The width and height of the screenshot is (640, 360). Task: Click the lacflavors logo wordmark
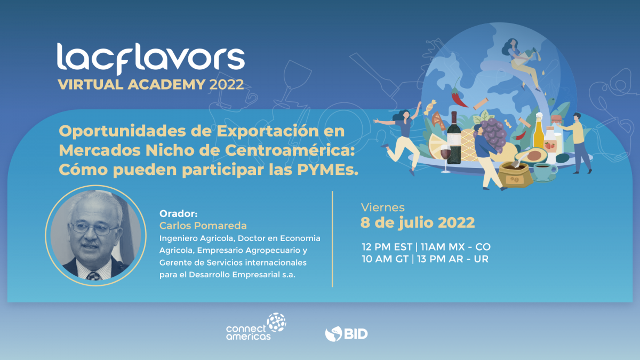point(151,59)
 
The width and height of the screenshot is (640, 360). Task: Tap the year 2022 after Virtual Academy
point(226,85)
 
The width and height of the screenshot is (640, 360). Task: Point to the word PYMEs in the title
point(327,170)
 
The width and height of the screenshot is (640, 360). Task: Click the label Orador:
point(178,213)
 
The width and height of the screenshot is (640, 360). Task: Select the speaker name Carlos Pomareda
point(203,226)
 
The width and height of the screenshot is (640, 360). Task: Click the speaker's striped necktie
point(93,276)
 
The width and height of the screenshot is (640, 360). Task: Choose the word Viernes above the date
point(383,207)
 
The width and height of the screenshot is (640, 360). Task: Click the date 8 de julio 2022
point(418,222)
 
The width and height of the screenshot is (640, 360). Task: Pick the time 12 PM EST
point(387,247)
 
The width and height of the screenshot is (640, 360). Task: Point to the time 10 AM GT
point(385,259)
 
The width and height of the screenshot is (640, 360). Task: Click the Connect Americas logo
point(256,326)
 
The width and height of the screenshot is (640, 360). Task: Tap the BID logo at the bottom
point(346,334)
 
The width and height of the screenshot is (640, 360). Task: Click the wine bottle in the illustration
point(454,138)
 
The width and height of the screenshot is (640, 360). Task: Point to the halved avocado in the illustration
point(531,156)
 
